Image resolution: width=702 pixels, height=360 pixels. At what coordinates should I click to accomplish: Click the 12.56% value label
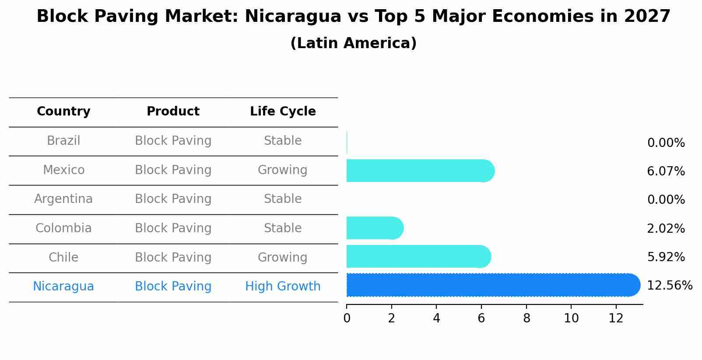(x=669, y=286)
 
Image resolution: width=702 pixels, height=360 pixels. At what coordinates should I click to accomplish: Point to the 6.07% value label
(x=666, y=171)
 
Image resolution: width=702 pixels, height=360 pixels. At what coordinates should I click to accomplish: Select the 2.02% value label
(x=666, y=228)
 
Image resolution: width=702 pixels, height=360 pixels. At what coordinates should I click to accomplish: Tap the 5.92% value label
(x=666, y=257)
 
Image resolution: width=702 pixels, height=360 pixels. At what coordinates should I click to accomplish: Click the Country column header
(x=63, y=112)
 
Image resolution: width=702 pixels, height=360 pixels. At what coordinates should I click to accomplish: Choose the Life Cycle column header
(x=283, y=112)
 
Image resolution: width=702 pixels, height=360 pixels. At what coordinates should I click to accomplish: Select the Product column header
(x=173, y=112)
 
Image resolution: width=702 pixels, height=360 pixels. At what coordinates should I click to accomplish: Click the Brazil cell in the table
(x=63, y=141)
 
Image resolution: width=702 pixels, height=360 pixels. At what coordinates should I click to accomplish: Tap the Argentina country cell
(x=63, y=199)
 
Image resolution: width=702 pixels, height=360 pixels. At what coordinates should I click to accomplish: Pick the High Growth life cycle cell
(x=283, y=287)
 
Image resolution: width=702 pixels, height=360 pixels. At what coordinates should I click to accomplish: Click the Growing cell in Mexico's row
(x=282, y=170)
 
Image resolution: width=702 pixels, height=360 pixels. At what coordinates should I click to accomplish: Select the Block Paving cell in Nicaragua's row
(x=173, y=287)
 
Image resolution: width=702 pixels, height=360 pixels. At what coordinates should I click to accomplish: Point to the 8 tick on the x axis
(x=526, y=318)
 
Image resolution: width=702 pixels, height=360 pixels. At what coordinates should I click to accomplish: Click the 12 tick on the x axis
(x=616, y=318)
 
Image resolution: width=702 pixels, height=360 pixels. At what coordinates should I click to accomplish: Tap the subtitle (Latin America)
(x=353, y=43)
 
